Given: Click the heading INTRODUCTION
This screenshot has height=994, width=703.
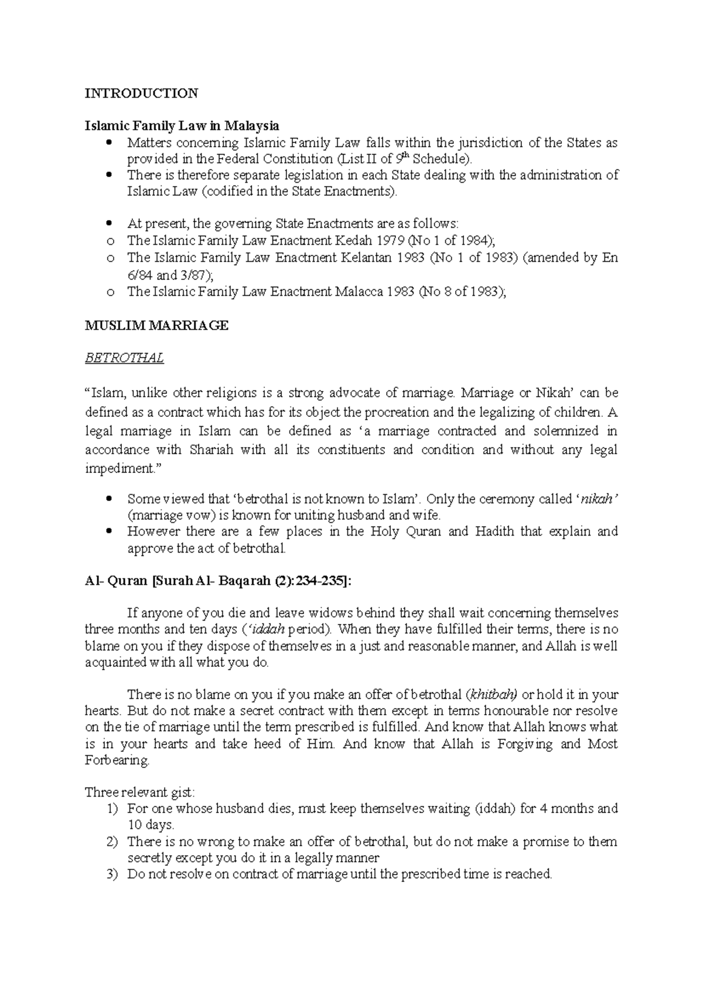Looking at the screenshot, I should pyautogui.click(x=141, y=93).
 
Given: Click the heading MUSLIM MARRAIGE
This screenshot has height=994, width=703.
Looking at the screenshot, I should pyautogui.click(x=156, y=326).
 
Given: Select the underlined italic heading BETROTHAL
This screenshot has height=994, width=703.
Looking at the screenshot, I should pyautogui.click(x=124, y=358).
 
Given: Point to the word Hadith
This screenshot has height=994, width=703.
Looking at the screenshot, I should pyautogui.click(x=496, y=532).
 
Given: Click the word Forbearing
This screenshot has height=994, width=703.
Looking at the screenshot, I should pyautogui.click(x=117, y=760).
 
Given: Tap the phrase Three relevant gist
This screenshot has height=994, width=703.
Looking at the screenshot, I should pyautogui.click(x=139, y=793).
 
